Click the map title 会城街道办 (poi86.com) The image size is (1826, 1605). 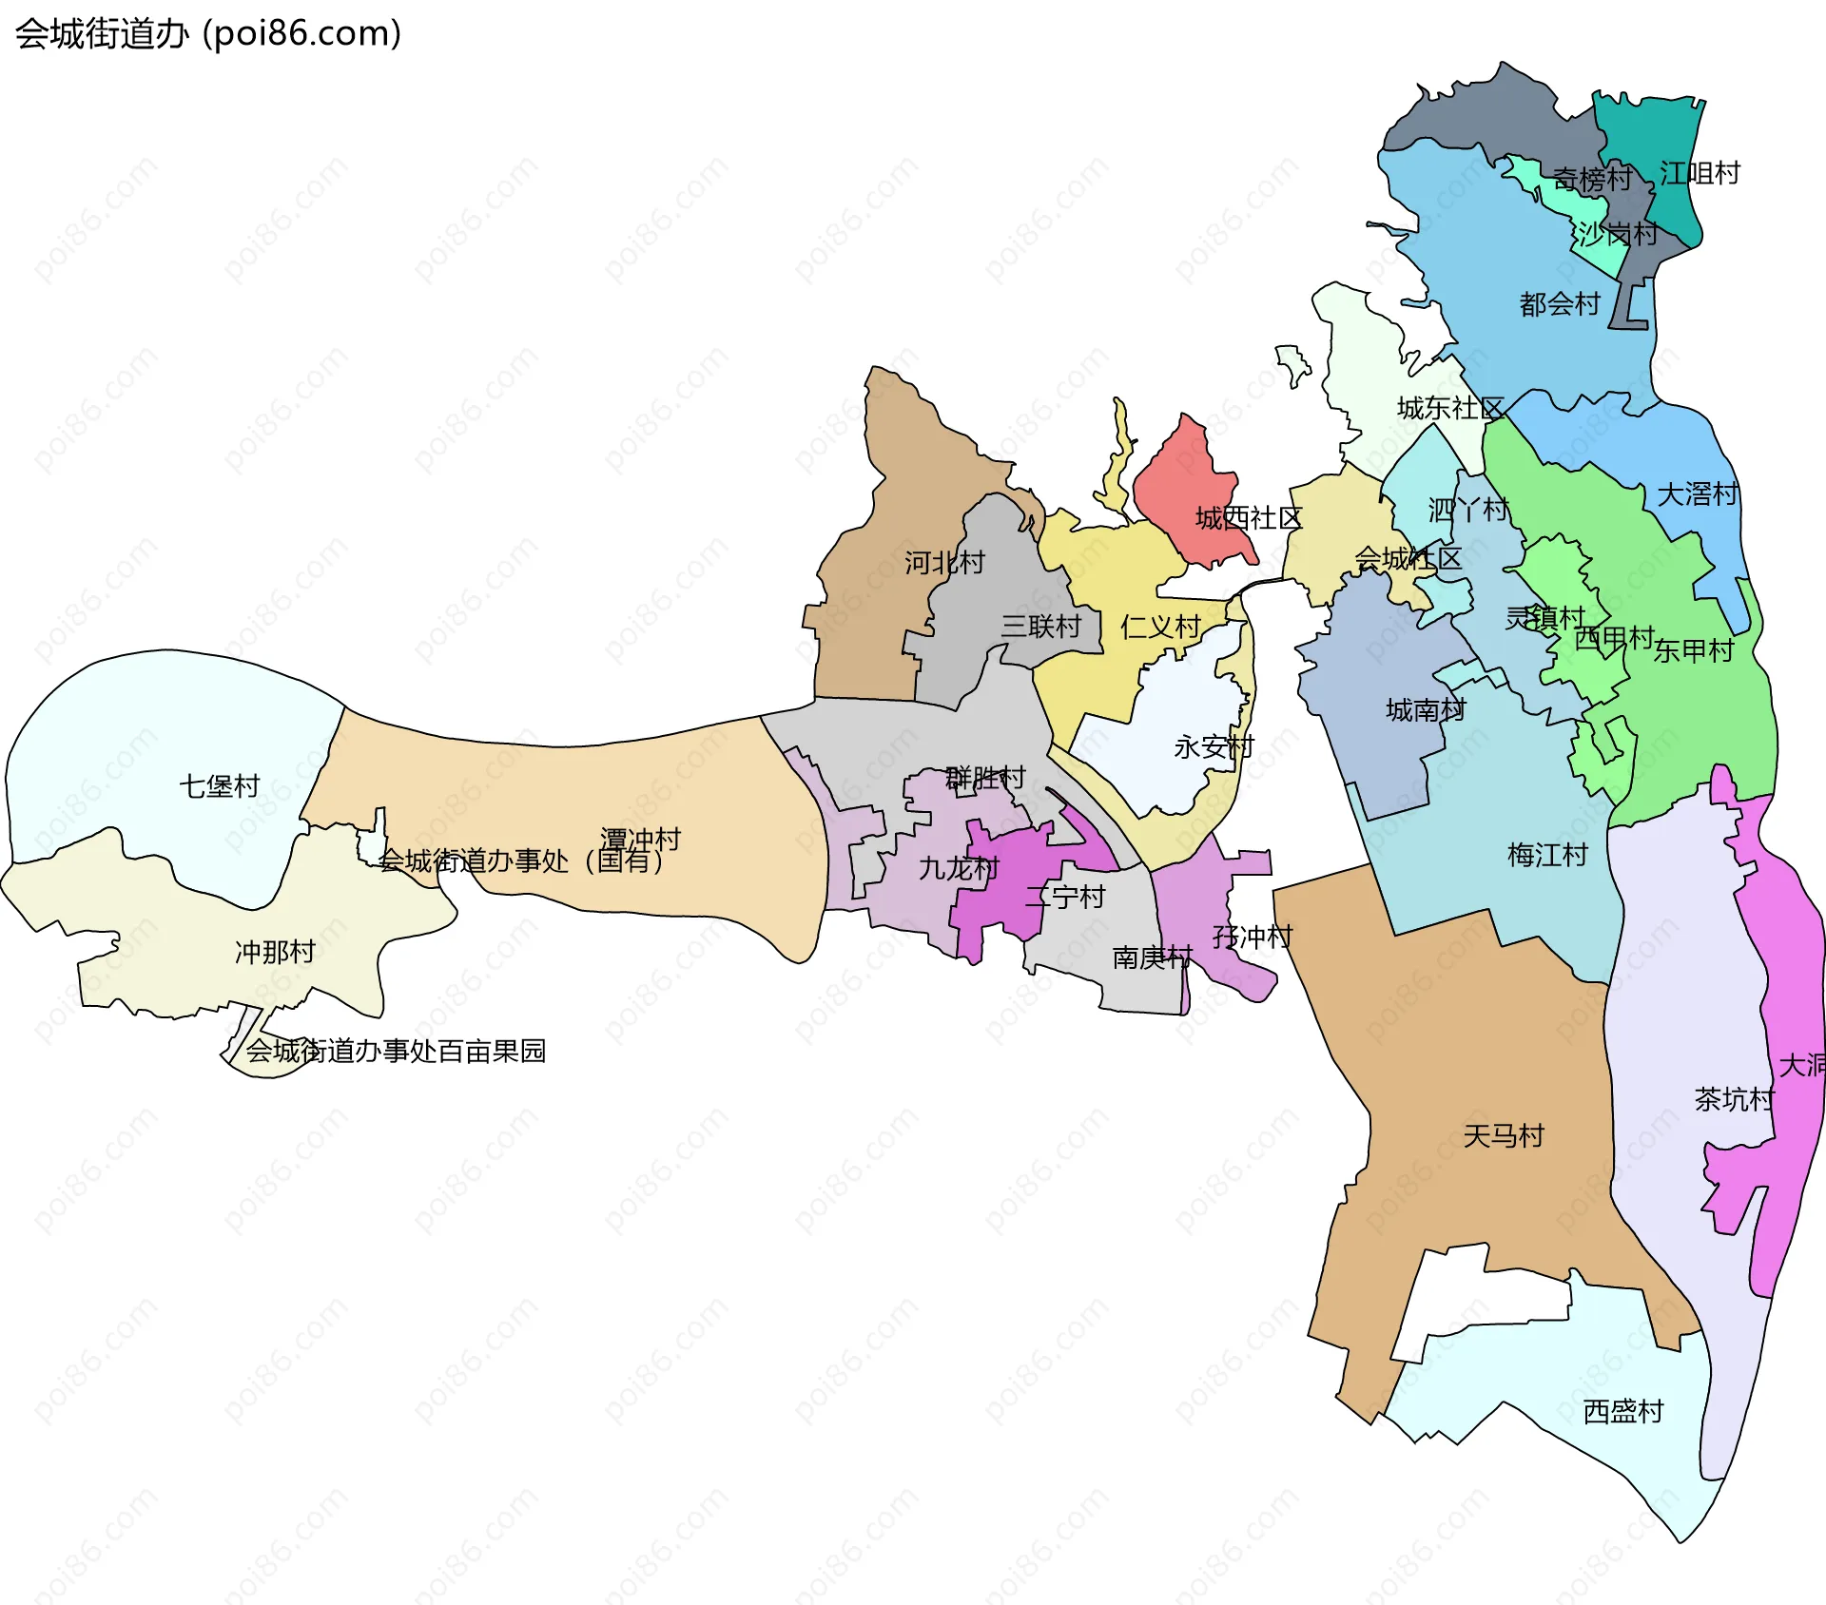point(207,33)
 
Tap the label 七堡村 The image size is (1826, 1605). point(220,786)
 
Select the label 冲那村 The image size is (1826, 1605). point(275,952)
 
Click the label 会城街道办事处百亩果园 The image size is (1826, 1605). point(396,1051)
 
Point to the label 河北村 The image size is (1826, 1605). point(944,563)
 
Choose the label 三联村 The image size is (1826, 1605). point(1040,627)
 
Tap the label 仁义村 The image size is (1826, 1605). point(1160,627)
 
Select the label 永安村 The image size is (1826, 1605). point(1214,747)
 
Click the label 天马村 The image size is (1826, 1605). point(1504,1136)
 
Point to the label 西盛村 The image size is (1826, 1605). point(1623,1411)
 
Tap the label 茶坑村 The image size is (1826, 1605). point(1734,1100)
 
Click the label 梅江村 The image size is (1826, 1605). point(1547,856)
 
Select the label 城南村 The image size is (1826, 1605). point(1426,710)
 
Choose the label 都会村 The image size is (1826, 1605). point(1560,304)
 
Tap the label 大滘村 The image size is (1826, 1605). point(1697,494)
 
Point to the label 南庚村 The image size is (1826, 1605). point(1152,957)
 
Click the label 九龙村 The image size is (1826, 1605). point(958,868)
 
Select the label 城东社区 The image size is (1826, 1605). point(1449,409)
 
